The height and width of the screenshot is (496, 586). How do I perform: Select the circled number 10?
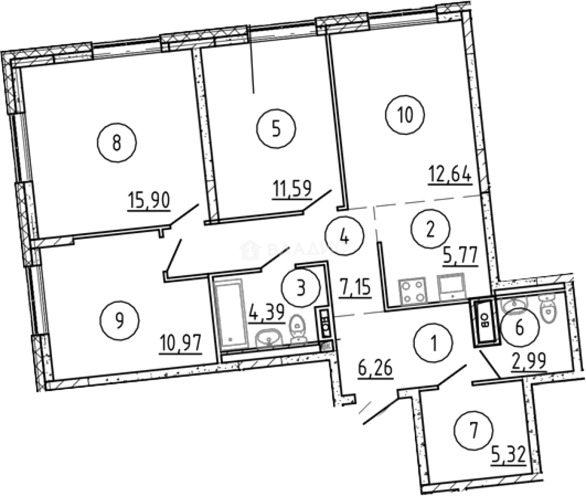406,115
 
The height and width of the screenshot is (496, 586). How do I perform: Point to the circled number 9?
120,319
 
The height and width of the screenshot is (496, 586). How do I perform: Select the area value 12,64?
450,177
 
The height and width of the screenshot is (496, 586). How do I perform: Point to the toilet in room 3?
296,329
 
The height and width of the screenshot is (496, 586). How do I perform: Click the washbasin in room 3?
269,337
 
